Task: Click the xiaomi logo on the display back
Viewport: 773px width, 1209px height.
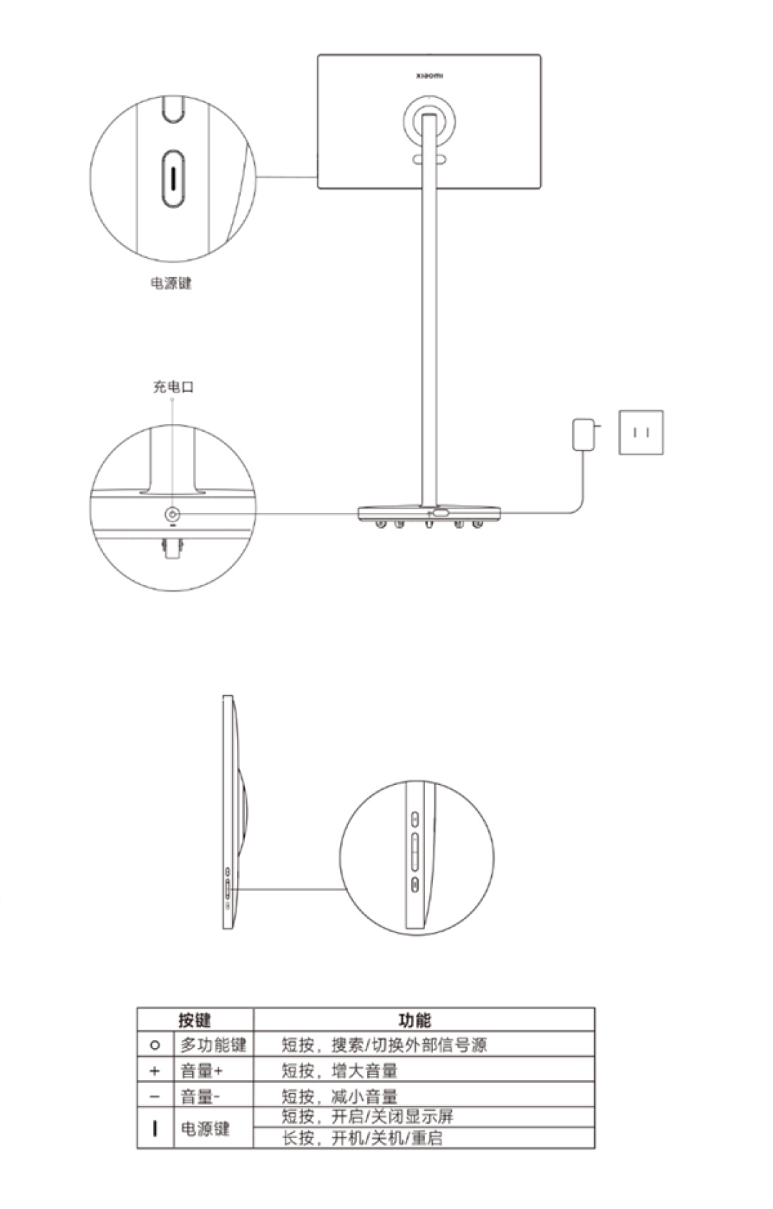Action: point(429,76)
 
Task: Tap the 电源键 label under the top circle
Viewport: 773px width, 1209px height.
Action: point(171,283)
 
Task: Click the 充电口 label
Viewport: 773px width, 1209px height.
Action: point(173,387)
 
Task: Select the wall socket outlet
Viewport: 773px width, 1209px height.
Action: point(641,432)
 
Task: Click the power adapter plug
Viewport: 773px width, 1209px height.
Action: point(584,433)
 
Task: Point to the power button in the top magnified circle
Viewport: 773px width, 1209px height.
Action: point(172,178)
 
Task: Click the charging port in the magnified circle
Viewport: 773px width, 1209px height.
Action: point(172,514)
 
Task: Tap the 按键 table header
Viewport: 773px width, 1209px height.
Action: point(194,1019)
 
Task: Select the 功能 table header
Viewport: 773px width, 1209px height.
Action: point(415,1019)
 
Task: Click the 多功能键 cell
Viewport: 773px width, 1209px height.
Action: point(213,1044)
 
